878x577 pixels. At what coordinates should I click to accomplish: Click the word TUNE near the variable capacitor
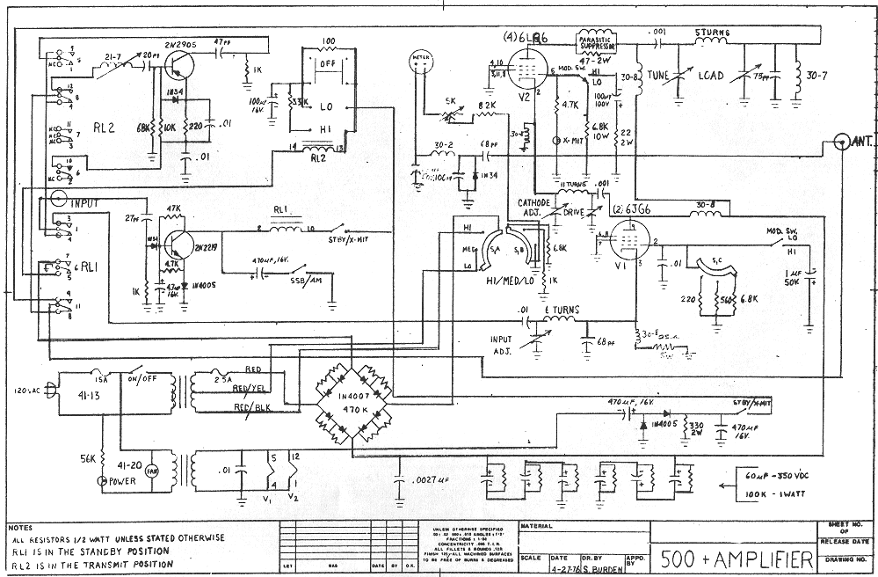(x=658, y=76)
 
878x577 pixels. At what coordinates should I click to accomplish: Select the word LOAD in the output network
(x=710, y=77)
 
